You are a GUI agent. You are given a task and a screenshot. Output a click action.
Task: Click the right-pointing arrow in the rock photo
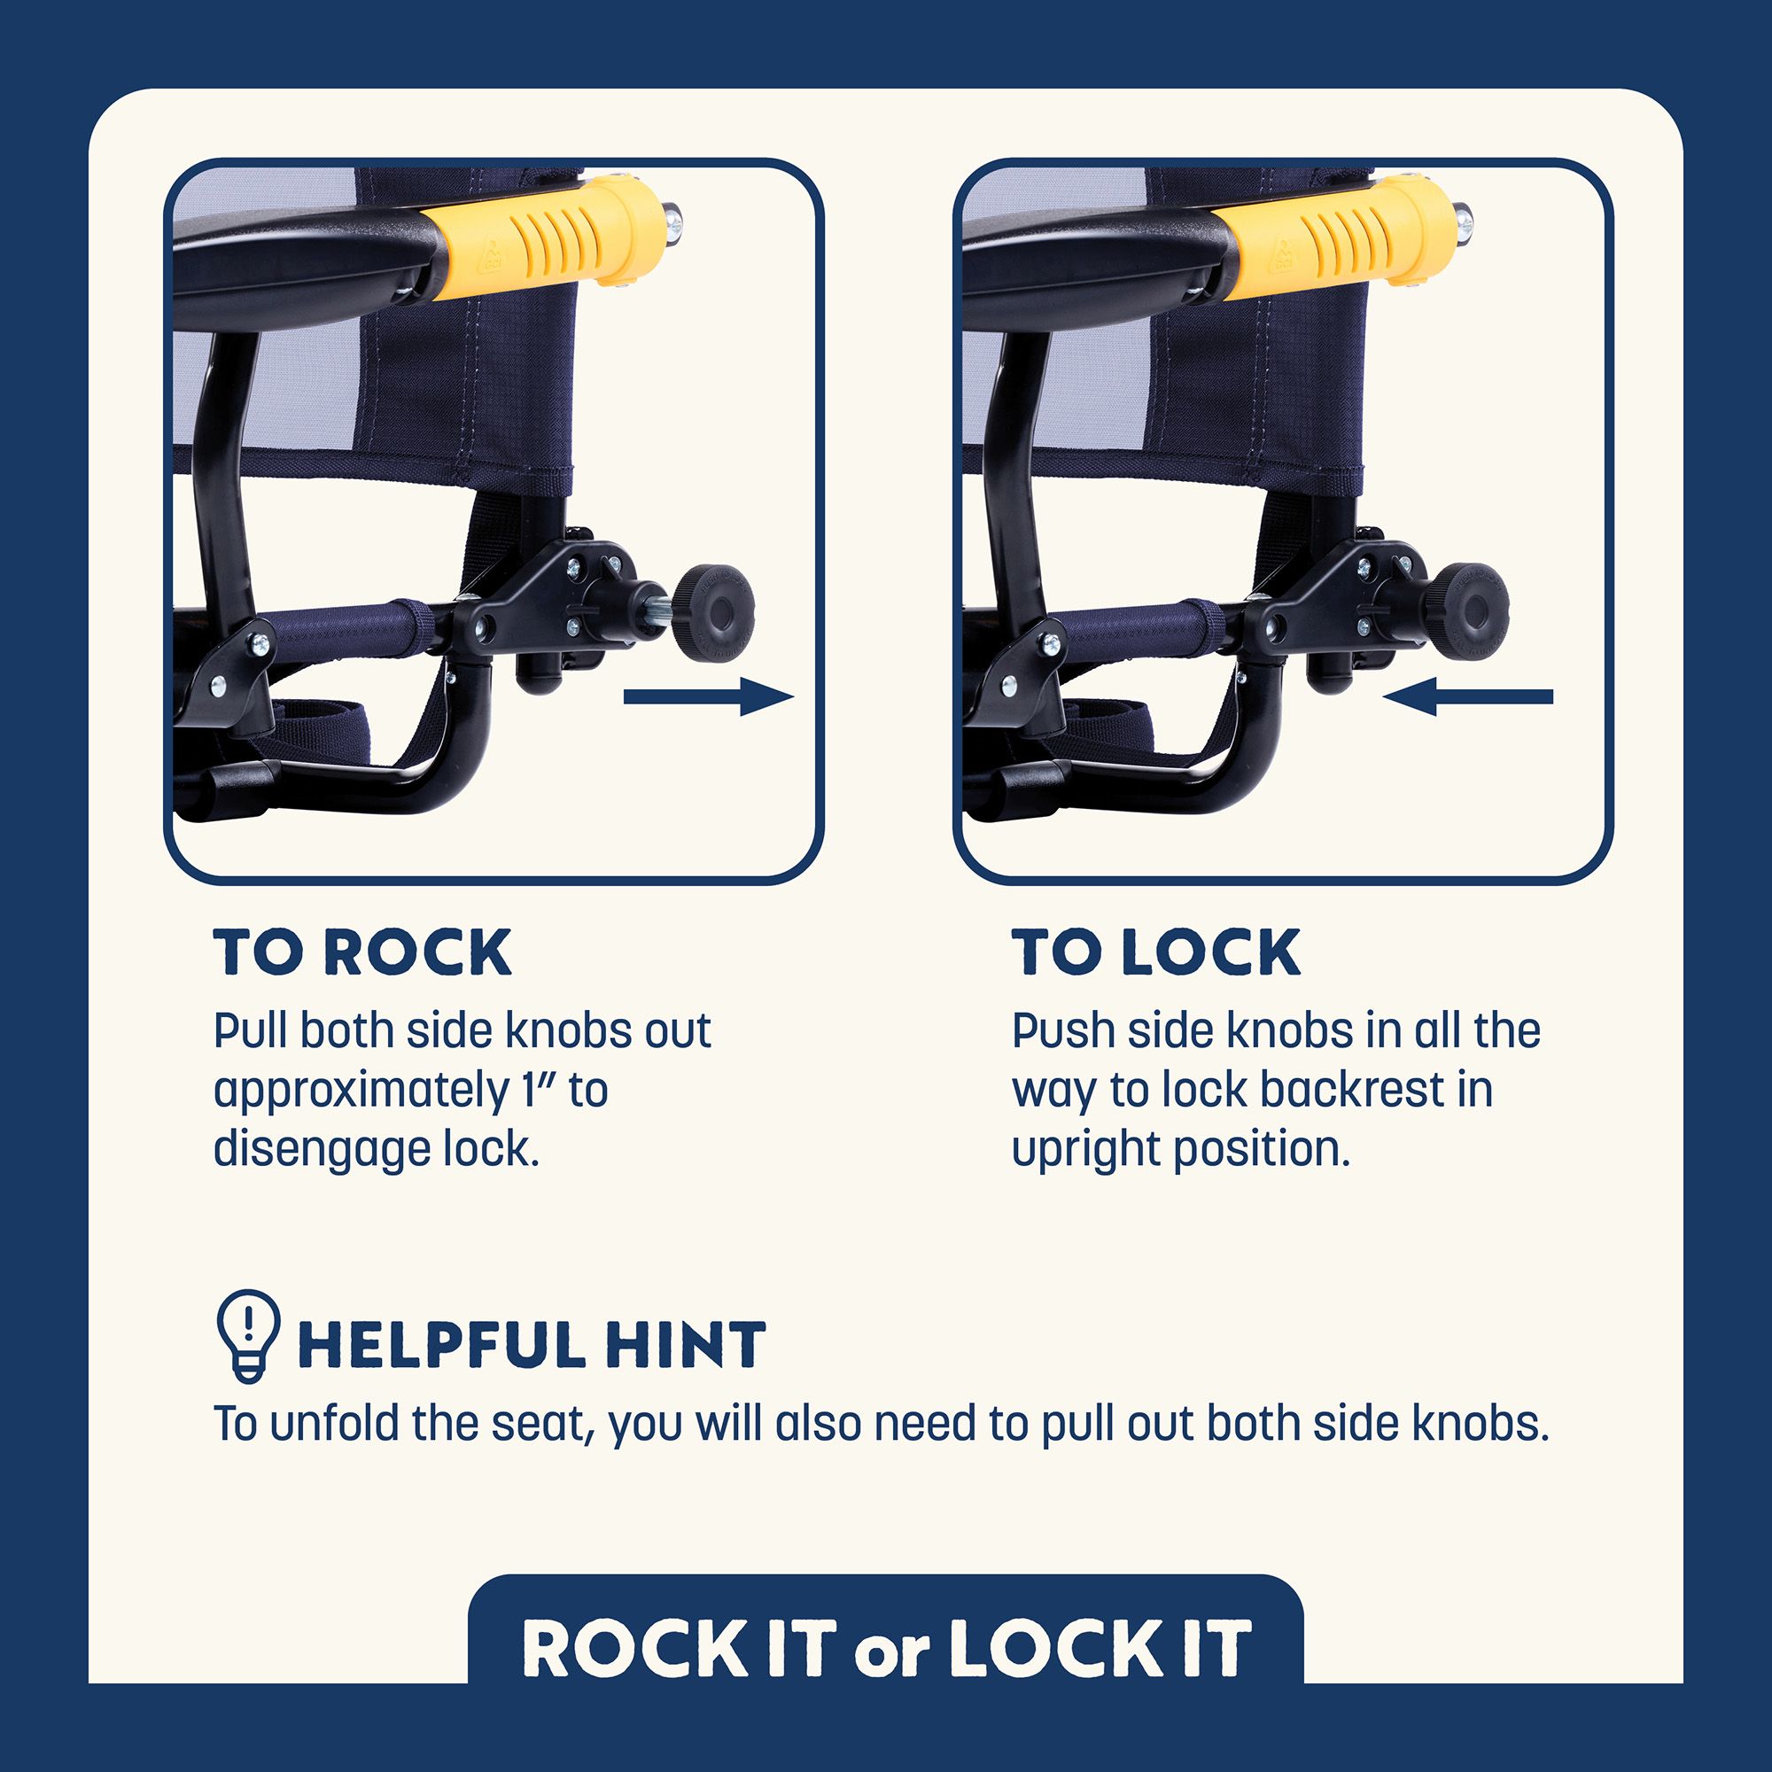(708, 697)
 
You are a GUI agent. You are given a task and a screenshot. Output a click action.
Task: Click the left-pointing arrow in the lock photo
(1467, 697)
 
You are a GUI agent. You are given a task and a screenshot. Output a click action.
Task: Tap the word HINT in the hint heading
(684, 1345)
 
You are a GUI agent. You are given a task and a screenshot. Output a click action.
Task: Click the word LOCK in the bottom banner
(1054, 1648)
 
